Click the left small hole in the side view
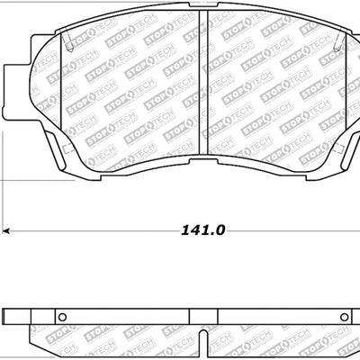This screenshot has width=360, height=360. tap(63, 316)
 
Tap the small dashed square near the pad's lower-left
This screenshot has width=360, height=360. tap(64, 144)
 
